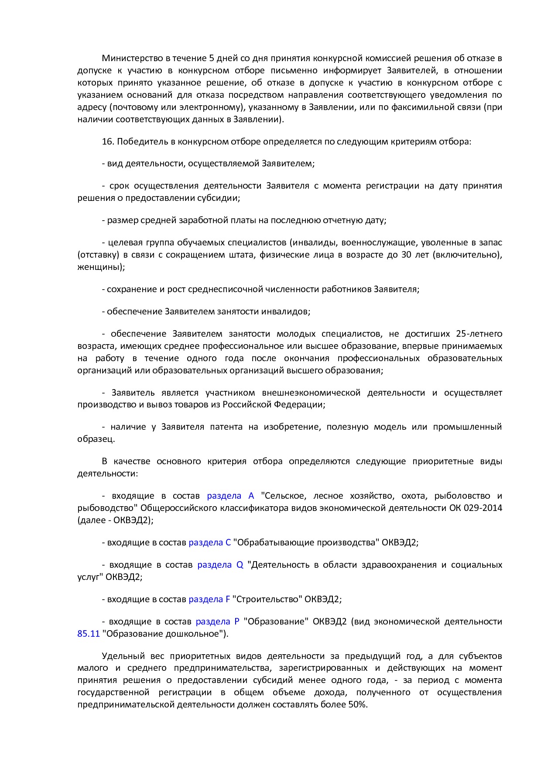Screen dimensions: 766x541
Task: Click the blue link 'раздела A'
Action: (x=230, y=496)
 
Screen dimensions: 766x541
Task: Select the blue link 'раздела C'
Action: (x=209, y=542)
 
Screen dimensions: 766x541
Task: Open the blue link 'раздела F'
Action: (x=209, y=599)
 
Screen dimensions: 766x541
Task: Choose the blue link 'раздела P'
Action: (x=217, y=621)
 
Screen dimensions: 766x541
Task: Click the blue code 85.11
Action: (x=89, y=634)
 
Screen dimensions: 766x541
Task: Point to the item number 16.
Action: (x=107, y=141)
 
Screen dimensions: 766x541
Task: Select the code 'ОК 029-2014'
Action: (x=476, y=508)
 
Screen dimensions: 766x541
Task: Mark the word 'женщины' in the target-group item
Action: (x=100, y=267)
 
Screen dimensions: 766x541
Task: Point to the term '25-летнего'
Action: (x=479, y=334)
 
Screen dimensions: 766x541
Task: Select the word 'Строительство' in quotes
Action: (x=267, y=599)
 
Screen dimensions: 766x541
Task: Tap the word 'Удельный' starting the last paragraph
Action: (x=120, y=656)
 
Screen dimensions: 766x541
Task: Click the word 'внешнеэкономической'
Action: (x=311, y=393)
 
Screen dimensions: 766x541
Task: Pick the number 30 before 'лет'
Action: (x=406, y=255)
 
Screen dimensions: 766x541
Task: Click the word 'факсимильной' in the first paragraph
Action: (x=421, y=107)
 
